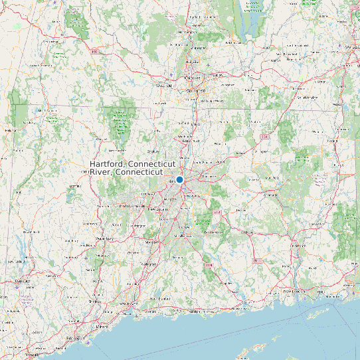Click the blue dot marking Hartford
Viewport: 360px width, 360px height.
coord(179,180)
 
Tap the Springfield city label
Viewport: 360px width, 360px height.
coord(195,88)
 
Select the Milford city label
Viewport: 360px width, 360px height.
coord(102,327)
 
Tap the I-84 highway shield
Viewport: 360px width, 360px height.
coord(264,137)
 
